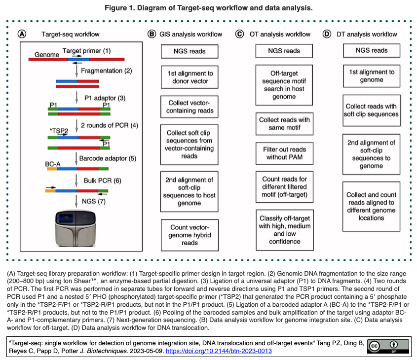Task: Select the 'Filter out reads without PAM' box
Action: pos(284,153)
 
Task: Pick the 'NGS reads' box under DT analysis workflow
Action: pos(372,50)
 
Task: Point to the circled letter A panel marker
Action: pos(22,34)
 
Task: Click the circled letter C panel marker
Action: pos(239,34)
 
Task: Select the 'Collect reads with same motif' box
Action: pos(284,124)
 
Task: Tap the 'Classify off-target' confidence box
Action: pos(284,228)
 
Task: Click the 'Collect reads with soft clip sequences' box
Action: pos(372,110)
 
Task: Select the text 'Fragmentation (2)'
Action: pos(106,71)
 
